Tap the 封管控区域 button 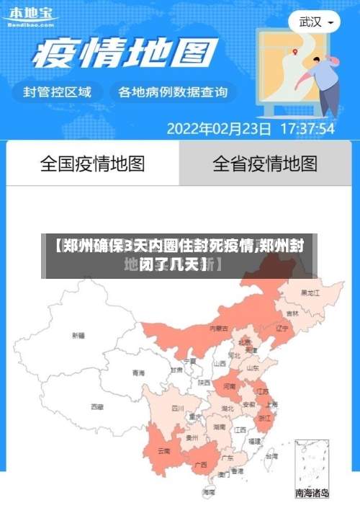click(x=58, y=92)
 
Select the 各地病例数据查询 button click(x=173, y=92)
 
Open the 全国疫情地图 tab click(x=92, y=164)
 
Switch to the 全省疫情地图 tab click(x=265, y=164)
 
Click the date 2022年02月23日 click(x=220, y=129)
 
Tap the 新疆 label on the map click(x=78, y=335)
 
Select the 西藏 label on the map click(x=97, y=406)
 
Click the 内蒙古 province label click(x=219, y=328)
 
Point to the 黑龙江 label click(x=310, y=293)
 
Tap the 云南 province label click(x=163, y=451)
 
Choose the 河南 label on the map click(x=229, y=386)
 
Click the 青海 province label click(x=138, y=373)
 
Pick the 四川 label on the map click(x=177, y=408)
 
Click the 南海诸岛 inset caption click(x=312, y=494)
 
